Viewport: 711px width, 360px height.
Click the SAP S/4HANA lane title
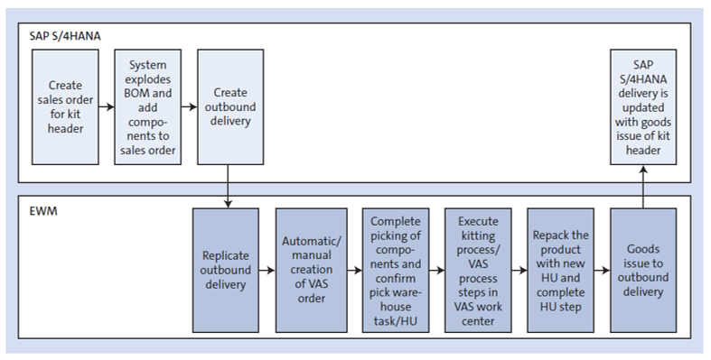(x=67, y=35)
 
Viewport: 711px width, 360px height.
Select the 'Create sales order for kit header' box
(x=65, y=106)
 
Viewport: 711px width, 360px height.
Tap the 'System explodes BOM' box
(x=147, y=106)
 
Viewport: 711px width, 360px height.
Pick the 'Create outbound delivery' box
(x=229, y=106)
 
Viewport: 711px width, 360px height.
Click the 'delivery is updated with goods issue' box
(x=643, y=106)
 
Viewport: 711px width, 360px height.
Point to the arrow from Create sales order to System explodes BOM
(x=107, y=106)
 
